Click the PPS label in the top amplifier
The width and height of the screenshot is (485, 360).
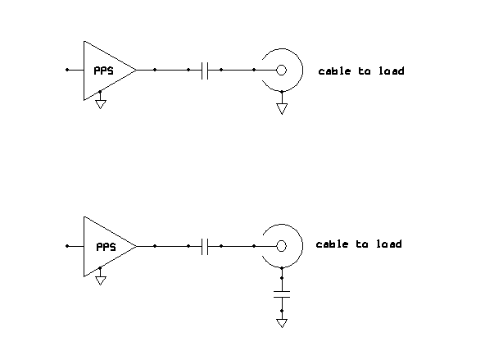tap(103, 71)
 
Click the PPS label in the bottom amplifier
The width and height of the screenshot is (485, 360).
tap(107, 247)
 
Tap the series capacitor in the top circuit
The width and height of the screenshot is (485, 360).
tap(205, 71)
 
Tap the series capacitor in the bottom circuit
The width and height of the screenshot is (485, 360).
tap(205, 246)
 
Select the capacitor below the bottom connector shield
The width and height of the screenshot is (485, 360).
tap(282, 294)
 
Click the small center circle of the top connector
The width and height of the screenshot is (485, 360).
tap(281, 71)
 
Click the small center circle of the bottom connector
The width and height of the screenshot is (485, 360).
tap(281, 246)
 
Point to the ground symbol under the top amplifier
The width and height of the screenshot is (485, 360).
tap(100, 104)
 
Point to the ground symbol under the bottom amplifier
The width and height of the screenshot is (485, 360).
tap(101, 280)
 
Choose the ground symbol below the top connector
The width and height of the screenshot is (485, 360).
tap(282, 109)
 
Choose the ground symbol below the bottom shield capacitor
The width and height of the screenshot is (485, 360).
tap(282, 323)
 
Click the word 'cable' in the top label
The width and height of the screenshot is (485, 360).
tap(335, 71)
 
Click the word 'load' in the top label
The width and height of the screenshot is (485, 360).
tap(392, 71)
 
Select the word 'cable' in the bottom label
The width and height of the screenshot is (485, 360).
tap(332, 244)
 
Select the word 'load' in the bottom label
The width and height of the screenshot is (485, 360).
tap(389, 244)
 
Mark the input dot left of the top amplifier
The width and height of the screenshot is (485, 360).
tap(67, 70)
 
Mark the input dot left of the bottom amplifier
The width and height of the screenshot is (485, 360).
tap(67, 246)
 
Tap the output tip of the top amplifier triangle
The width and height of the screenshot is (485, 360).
tap(136, 71)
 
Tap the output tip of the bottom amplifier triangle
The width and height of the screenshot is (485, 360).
tap(136, 246)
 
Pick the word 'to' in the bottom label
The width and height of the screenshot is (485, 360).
tap(362, 244)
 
